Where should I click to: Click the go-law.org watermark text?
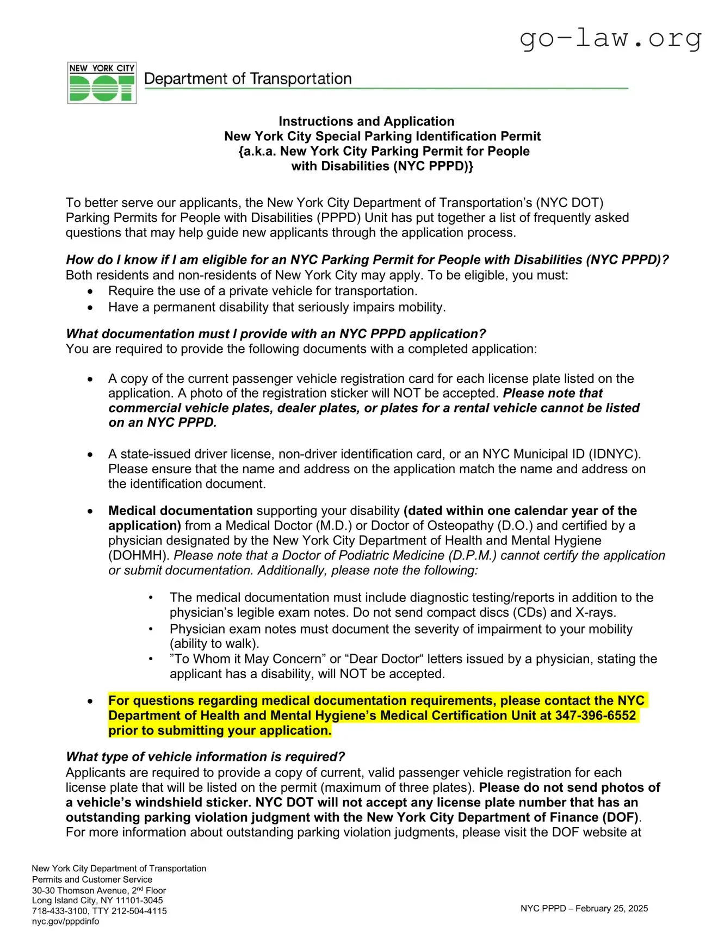[610, 38]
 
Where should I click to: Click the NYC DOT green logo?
[102, 83]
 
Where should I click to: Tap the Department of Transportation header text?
[247, 79]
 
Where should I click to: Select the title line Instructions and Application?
[366, 121]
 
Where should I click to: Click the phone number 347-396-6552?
[595, 715]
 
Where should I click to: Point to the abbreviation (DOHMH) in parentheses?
[139, 555]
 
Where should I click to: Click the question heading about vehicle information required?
[205, 756]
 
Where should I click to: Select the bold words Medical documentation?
[180, 511]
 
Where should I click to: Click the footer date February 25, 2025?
[611, 908]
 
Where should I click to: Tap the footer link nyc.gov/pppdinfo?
[65, 921]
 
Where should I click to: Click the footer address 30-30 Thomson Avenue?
[79, 890]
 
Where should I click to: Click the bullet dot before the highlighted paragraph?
[90, 701]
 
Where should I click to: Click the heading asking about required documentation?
[275, 333]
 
